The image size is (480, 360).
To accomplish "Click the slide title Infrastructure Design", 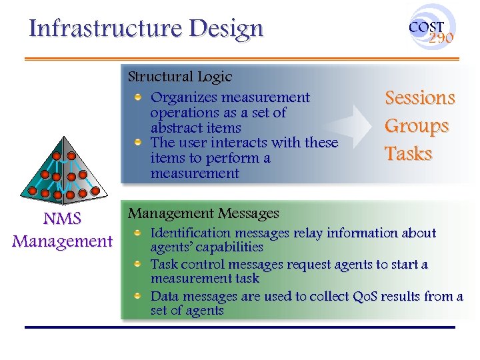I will [146, 29].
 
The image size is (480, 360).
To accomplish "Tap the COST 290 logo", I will [432, 28].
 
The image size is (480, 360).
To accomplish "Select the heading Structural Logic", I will [179, 77].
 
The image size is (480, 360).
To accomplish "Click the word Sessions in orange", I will [420, 98].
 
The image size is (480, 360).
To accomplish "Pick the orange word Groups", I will [417, 126].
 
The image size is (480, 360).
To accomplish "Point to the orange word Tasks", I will [409, 154].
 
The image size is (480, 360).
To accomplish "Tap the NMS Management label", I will [62, 230].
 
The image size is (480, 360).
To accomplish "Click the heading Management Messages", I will [203, 214].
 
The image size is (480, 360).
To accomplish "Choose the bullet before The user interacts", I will [138, 143].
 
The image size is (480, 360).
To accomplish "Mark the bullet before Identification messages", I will [138, 233].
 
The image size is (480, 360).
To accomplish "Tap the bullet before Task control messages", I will [138, 265].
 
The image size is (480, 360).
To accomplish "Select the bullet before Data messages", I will [138, 296].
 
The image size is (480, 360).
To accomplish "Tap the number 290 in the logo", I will [441, 38].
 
